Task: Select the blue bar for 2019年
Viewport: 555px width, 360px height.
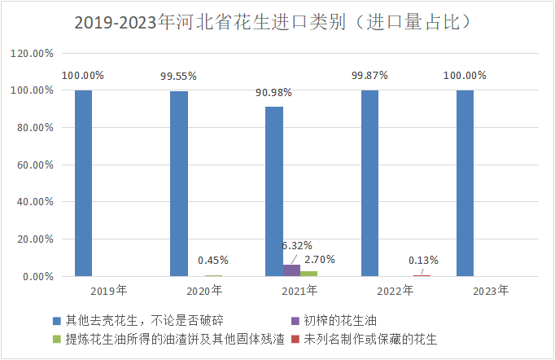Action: point(83,183)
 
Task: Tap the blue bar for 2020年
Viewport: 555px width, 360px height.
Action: point(178,184)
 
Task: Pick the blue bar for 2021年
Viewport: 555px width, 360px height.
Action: point(274,191)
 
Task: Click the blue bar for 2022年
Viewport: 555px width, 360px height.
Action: point(369,183)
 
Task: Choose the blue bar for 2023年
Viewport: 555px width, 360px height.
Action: point(465,183)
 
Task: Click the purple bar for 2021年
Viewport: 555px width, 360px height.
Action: point(291,270)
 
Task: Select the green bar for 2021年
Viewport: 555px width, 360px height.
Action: point(308,274)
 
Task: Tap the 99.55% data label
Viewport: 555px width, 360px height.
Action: point(178,76)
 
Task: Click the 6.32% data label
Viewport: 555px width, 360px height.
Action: point(297,245)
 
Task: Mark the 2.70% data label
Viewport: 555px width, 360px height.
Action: point(319,259)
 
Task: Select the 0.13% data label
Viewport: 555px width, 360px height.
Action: point(422,261)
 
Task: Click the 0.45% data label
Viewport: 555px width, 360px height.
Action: point(213,261)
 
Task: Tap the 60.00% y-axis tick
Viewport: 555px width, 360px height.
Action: point(34,165)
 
